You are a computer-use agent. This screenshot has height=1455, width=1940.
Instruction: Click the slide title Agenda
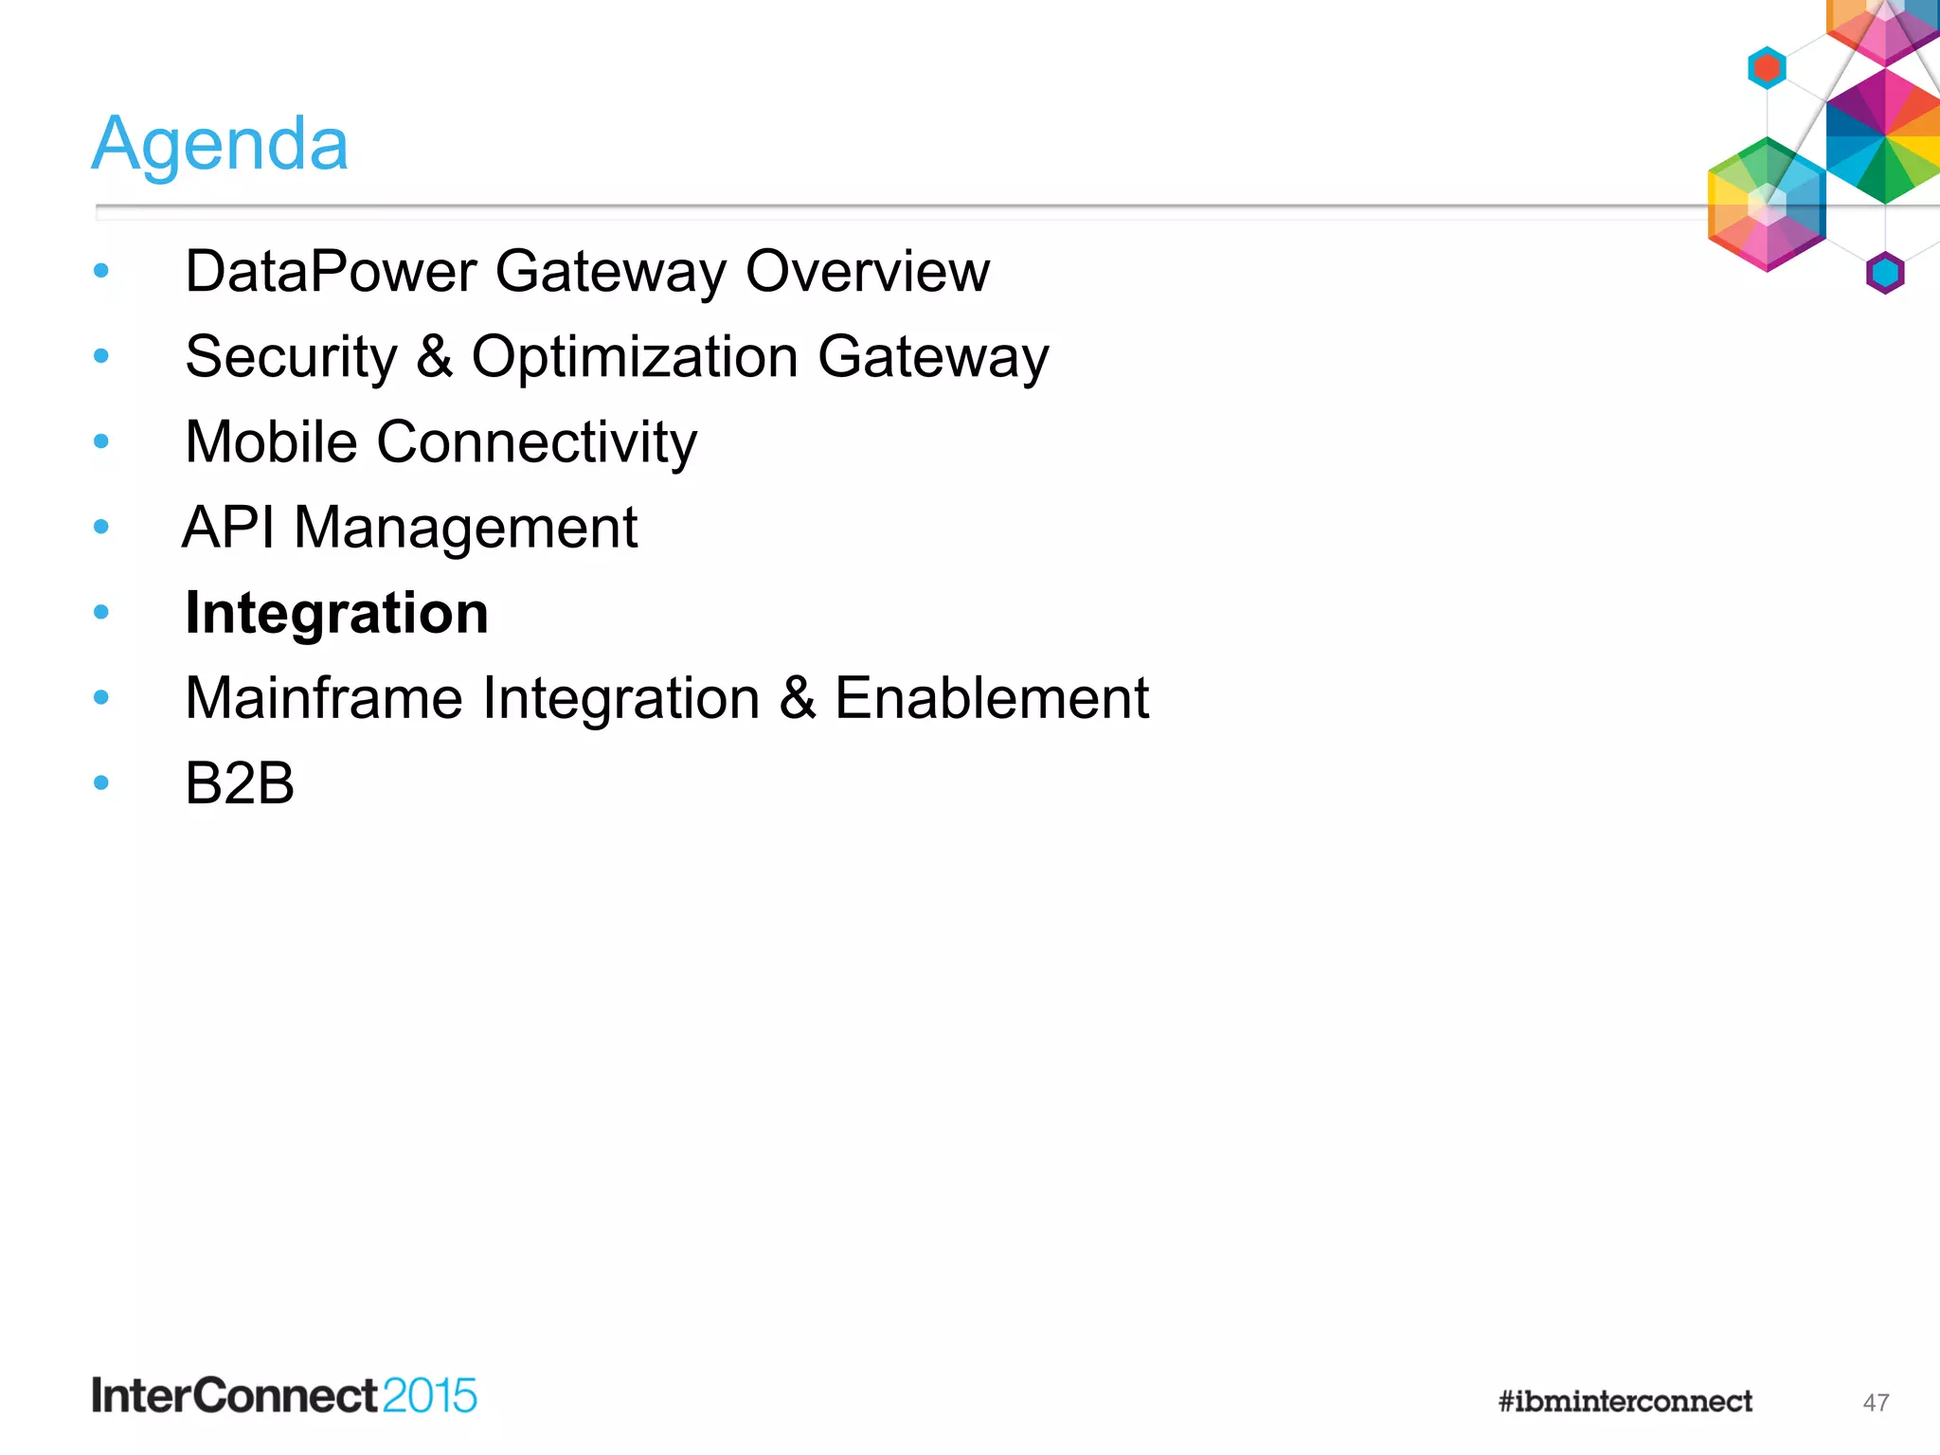click(220, 144)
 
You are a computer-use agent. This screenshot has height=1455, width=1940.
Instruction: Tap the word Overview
click(867, 272)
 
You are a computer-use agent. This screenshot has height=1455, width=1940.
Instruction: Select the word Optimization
click(635, 357)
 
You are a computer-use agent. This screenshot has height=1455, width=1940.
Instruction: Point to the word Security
click(291, 357)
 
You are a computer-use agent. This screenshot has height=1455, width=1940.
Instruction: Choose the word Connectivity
click(536, 442)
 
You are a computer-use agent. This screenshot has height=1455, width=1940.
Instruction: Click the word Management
click(465, 528)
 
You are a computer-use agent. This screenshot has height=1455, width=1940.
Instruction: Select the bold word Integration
click(336, 613)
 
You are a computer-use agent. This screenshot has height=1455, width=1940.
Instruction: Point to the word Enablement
click(991, 698)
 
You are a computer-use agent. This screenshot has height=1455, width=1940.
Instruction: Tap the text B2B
click(240, 783)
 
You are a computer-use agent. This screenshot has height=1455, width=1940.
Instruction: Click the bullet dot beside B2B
click(101, 782)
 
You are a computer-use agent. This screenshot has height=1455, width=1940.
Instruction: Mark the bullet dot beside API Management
click(101, 527)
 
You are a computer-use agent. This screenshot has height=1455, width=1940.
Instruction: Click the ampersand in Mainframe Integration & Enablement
click(797, 698)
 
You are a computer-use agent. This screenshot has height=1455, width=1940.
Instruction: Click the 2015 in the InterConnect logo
click(430, 1396)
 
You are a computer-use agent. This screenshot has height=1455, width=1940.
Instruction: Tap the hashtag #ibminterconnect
click(1626, 1401)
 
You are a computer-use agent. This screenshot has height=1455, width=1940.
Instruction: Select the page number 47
click(1876, 1403)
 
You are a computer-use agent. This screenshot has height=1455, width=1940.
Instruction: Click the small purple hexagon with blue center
click(1885, 273)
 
